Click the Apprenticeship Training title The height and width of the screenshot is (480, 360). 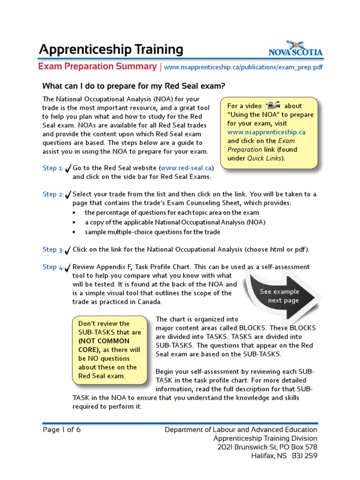coord(111,49)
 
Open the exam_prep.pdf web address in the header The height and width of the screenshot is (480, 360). coord(244,67)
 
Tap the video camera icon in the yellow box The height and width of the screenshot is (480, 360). coord(272,106)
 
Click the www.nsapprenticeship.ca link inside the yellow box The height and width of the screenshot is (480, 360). coord(266,132)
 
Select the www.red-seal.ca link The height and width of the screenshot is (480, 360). coord(187,168)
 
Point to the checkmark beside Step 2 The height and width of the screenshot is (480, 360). coord(68,195)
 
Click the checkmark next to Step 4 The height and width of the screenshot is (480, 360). coord(68,268)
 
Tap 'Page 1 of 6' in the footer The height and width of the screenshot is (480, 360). coord(62,430)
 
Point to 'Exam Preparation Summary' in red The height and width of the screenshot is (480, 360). coord(97,67)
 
